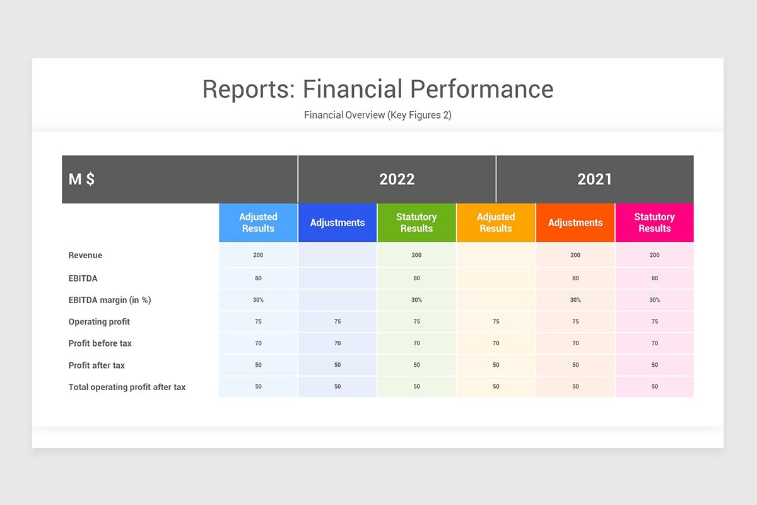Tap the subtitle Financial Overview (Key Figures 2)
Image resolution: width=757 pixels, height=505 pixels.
377,115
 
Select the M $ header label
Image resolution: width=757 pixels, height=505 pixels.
82,179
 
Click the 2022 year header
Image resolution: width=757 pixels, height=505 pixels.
397,179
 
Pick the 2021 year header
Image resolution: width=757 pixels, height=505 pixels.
595,179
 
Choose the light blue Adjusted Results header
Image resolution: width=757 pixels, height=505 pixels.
258,223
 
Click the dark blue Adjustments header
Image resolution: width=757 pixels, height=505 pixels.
337,223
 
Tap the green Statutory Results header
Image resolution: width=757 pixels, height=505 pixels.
416,223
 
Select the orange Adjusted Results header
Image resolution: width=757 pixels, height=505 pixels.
496,223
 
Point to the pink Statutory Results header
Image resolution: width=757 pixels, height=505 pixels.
654,223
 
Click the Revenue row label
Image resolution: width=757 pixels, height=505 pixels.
85,256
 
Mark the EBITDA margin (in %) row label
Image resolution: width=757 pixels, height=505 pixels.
110,300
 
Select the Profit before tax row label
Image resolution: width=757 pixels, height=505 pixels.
100,343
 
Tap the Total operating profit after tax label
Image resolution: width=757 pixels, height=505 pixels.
127,387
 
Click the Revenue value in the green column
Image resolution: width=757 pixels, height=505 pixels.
416,256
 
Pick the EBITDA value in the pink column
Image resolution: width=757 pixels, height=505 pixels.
654,278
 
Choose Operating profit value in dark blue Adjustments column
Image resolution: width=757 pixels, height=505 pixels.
337,322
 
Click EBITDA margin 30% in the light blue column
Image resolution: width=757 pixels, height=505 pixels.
258,300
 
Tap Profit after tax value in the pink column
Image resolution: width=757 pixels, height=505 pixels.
654,365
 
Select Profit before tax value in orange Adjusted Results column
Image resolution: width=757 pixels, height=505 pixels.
496,343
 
